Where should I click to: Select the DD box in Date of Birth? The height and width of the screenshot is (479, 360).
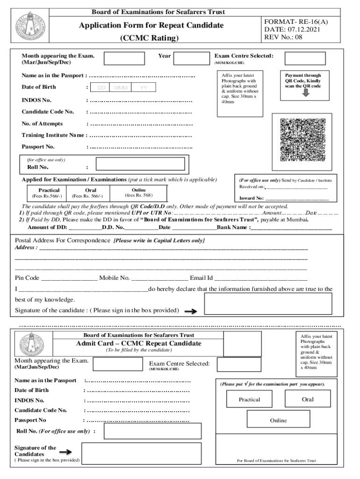[x=101, y=88]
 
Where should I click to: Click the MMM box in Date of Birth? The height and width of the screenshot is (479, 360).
[x=121, y=88]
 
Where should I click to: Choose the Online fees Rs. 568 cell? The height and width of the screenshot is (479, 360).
[x=138, y=192]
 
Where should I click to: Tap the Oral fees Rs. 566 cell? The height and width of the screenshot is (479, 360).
[x=91, y=193]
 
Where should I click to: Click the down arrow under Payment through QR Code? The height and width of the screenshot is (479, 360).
[x=306, y=93]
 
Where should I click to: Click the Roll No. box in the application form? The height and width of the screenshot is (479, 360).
[x=140, y=165]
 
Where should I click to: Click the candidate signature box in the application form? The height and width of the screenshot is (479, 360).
[x=268, y=304]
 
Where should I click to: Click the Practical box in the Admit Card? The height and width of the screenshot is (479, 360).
[x=249, y=399]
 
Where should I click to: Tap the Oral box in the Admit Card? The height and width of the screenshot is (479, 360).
[x=308, y=399]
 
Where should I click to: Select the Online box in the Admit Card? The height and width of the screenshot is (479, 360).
[x=278, y=421]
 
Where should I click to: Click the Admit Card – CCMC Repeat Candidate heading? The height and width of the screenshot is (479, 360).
[x=139, y=343]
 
